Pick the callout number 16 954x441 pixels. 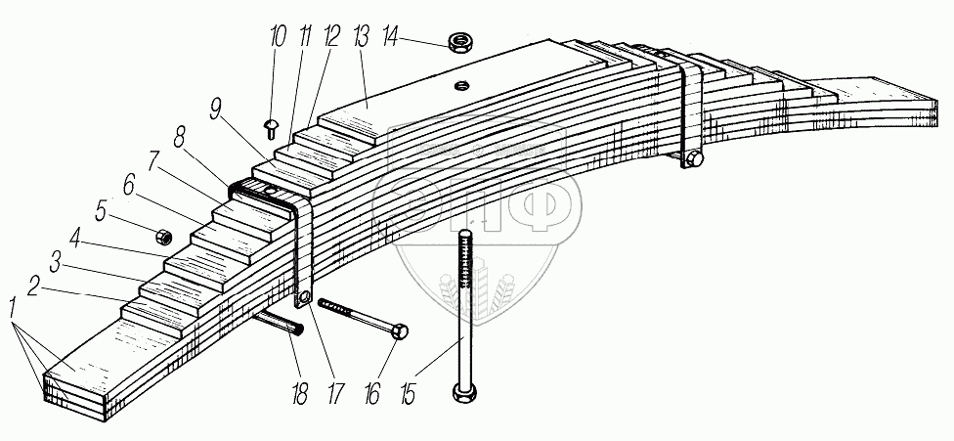coord(371,393)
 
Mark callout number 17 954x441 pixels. coord(336,393)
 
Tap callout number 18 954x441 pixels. coord(299,393)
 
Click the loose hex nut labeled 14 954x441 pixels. coord(460,43)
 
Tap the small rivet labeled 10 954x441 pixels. coord(271,129)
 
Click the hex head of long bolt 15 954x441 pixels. coord(465,392)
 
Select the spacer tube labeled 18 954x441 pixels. coord(280,321)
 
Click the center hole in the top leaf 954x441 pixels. coord(461,86)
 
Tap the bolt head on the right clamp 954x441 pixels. coord(694,160)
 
